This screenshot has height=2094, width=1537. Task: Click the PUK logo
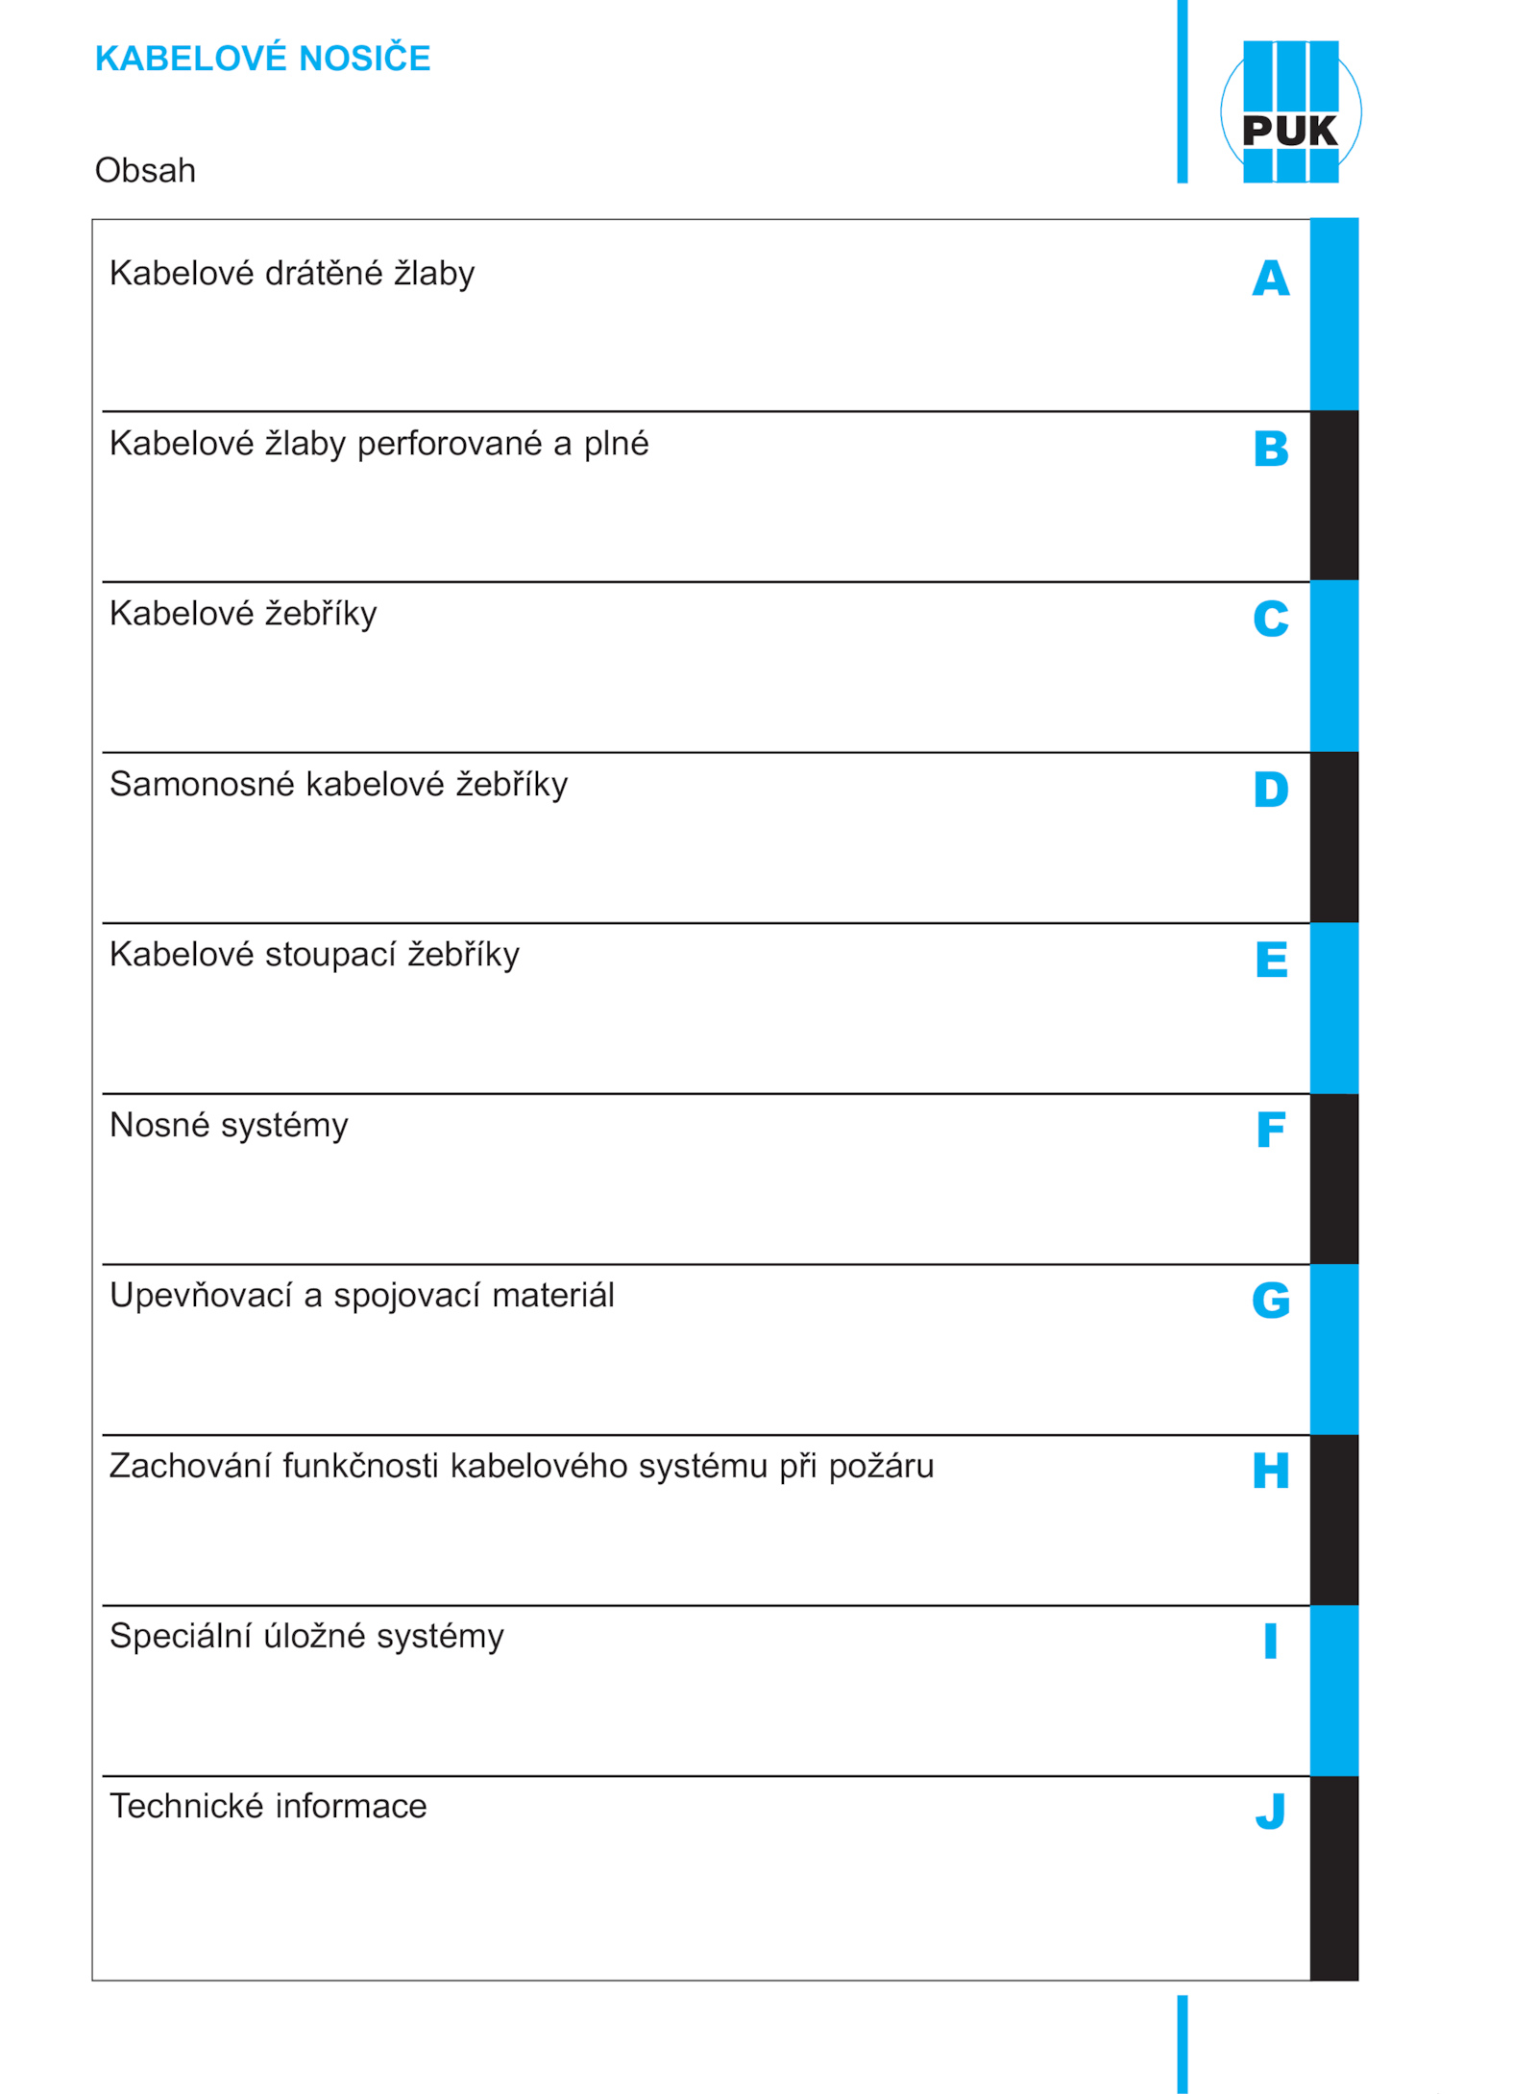tap(1290, 111)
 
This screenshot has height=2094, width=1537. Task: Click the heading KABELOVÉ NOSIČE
tap(262, 59)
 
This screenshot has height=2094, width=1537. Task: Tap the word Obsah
tap(145, 170)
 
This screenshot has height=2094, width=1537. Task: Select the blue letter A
tap(1270, 279)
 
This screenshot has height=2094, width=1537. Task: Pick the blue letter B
tap(1270, 449)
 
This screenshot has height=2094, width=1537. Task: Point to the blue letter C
tap(1270, 619)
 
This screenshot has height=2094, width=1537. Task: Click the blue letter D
tap(1270, 790)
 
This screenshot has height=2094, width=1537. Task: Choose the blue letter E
tap(1270, 960)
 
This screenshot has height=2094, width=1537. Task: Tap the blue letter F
tap(1270, 1130)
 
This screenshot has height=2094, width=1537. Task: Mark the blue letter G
tap(1270, 1301)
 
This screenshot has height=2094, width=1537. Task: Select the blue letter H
tap(1270, 1471)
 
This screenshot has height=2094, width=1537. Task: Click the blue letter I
tap(1270, 1641)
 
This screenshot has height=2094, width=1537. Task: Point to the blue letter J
tap(1270, 1812)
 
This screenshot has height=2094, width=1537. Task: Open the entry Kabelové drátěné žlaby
tap(292, 274)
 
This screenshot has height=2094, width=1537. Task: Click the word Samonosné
tap(202, 785)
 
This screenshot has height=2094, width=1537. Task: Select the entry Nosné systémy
tap(229, 1125)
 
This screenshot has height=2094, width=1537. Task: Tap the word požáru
tap(881, 1467)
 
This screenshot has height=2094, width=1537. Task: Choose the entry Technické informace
tap(268, 1807)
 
